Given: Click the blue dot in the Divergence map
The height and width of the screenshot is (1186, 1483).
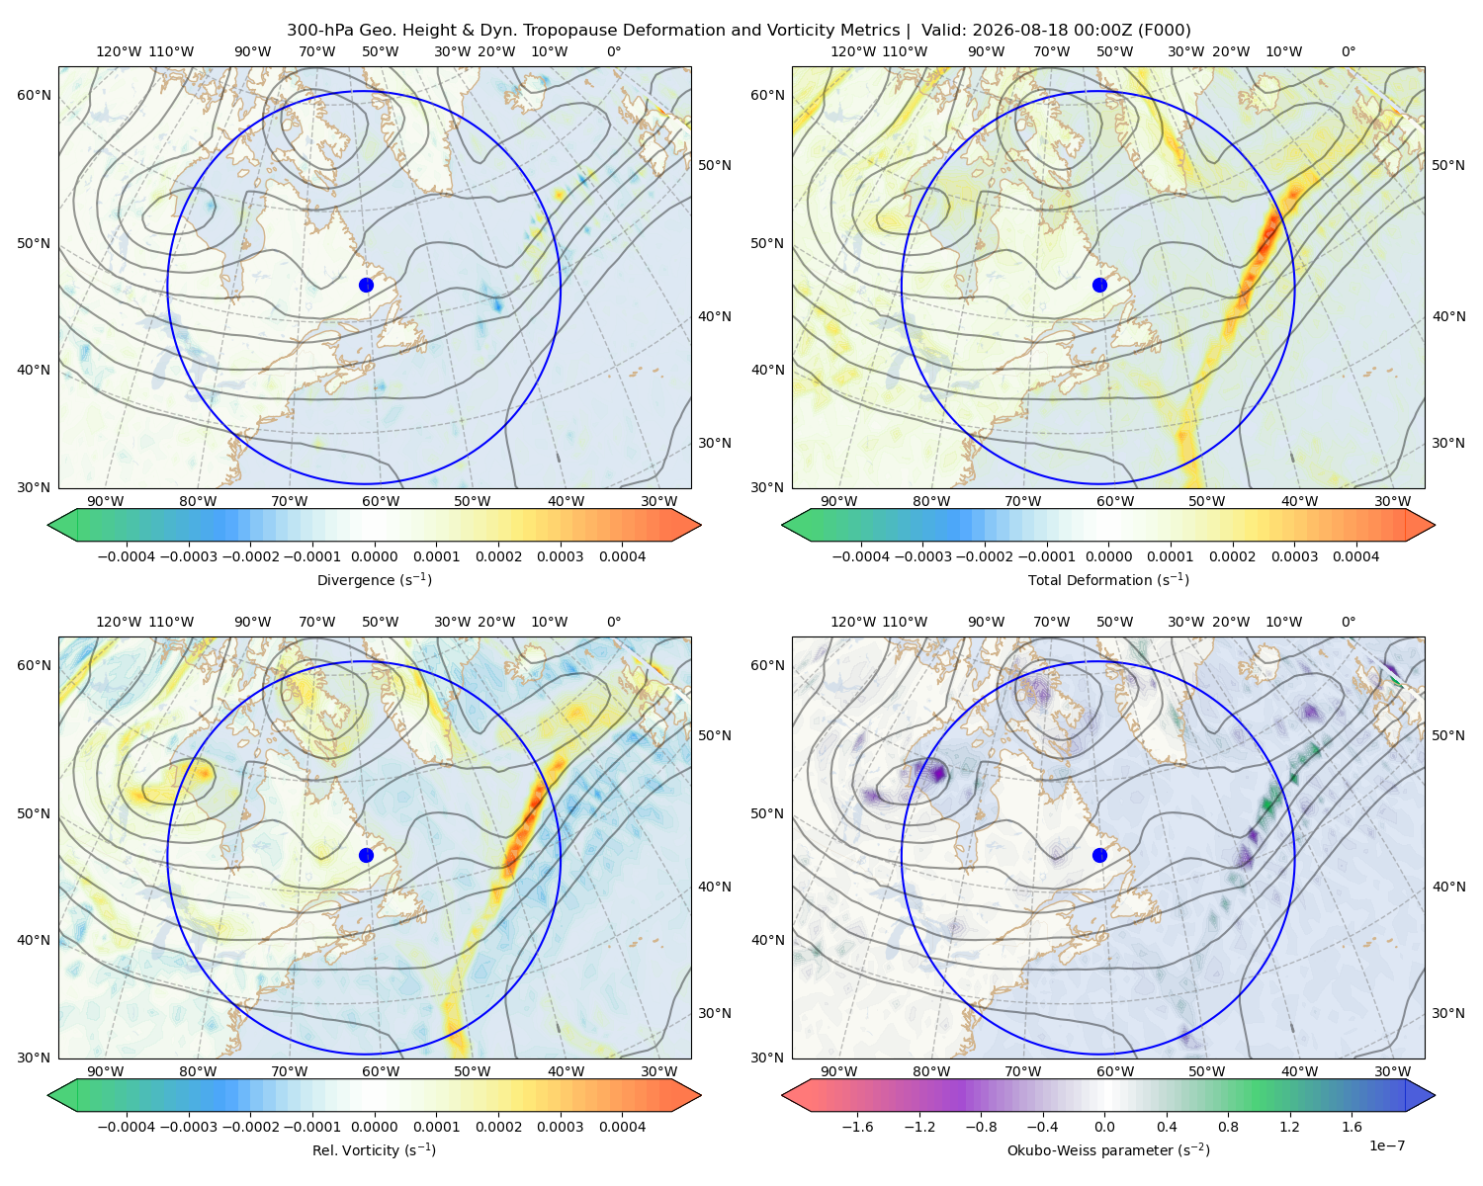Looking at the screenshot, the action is [x=366, y=286].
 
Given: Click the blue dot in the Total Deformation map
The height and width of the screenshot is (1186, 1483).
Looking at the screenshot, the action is [x=1099, y=286].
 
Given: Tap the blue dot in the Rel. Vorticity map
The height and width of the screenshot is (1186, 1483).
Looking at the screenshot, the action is [x=366, y=855].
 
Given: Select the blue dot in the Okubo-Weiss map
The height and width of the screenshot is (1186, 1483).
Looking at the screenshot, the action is [x=1099, y=855].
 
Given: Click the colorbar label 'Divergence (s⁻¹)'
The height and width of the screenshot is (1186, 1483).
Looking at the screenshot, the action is [x=374, y=580].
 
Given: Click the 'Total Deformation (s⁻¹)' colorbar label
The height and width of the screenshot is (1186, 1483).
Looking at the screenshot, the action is [x=1108, y=580].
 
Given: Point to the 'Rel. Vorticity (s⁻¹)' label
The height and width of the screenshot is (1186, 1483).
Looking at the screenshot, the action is [x=374, y=1150].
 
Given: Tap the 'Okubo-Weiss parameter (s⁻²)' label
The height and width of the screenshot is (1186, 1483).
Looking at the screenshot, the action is [x=1108, y=1150].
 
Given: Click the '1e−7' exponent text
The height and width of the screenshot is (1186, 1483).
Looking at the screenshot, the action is [x=1386, y=1146].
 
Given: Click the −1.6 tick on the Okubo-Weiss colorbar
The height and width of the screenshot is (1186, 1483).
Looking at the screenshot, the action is [x=858, y=1127].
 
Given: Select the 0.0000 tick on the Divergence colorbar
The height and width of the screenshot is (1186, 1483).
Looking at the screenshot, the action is [x=374, y=556].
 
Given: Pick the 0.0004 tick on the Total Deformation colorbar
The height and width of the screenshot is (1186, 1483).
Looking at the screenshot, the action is [x=1355, y=556].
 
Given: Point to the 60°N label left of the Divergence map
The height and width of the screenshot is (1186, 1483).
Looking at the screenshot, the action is [x=34, y=95].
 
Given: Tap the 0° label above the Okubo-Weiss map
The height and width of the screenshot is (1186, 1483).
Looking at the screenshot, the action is [x=1348, y=622].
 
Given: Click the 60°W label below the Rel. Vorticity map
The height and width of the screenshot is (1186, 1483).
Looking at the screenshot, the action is [x=381, y=1071].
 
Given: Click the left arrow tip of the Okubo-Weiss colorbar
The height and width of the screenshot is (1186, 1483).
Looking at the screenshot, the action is [x=782, y=1096].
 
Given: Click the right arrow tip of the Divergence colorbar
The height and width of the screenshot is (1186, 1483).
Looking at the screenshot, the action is [x=701, y=525].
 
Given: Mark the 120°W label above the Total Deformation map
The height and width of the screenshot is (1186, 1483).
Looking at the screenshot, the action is [x=852, y=51].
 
